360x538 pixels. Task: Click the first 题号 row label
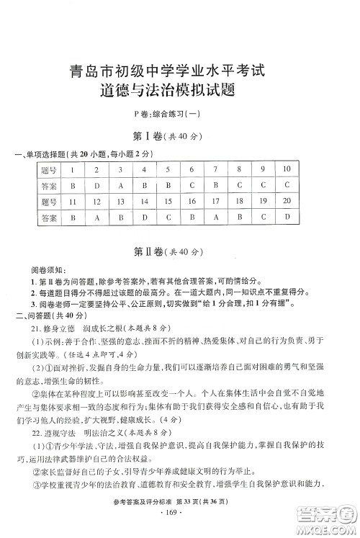[49, 171]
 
